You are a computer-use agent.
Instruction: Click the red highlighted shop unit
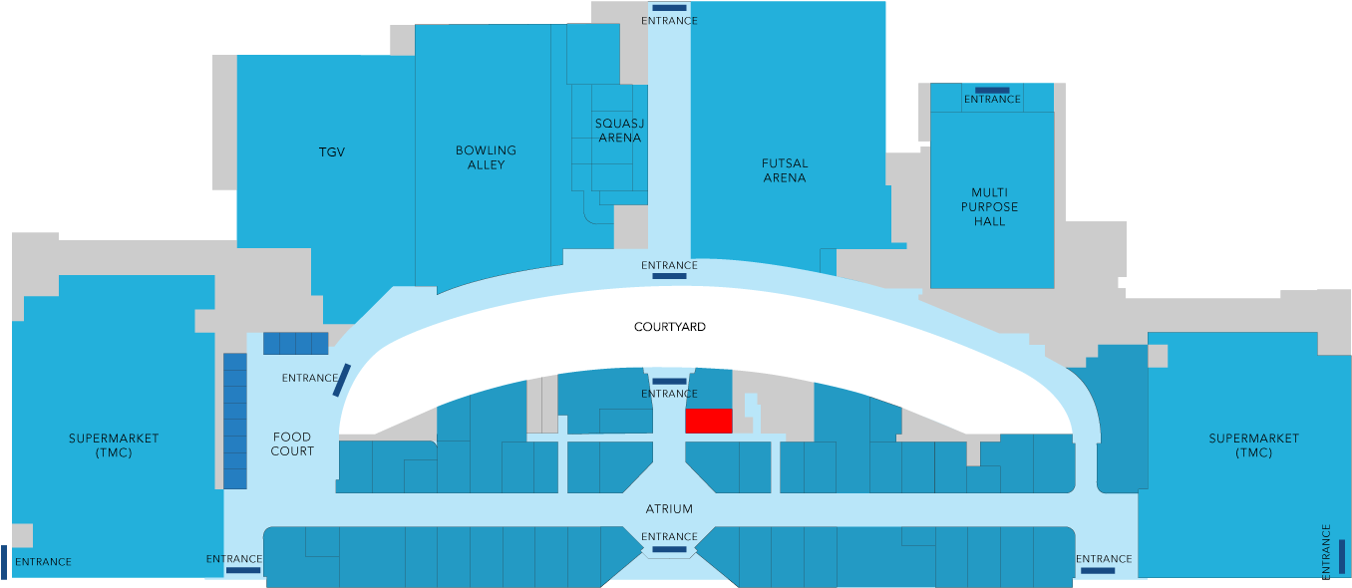click(x=709, y=421)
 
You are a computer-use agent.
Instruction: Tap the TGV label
click(x=332, y=151)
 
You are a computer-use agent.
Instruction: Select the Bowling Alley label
click(x=486, y=157)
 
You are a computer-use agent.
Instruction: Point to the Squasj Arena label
click(x=619, y=131)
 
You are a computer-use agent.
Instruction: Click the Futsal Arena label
click(x=785, y=170)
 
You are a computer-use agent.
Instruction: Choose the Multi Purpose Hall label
click(x=989, y=206)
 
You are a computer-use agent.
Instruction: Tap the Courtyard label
click(x=670, y=327)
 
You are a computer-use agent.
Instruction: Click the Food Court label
click(x=292, y=443)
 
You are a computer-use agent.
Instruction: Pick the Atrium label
click(x=669, y=509)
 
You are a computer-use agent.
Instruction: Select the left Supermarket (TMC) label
click(x=114, y=445)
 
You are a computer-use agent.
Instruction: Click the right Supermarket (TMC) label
click(x=1253, y=445)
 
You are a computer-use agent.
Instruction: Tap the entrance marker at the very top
click(x=669, y=9)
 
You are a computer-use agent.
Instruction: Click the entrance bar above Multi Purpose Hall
click(x=992, y=90)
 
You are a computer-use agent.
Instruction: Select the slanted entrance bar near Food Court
click(x=342, y=380)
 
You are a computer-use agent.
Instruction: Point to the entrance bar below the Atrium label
click(x=669, y=549)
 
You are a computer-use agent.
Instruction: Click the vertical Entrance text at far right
click(x=1326, y=551)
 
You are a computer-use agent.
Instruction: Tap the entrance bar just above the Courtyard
click(x=669, y=276)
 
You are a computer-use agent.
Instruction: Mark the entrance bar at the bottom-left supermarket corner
click(x=4, y=562)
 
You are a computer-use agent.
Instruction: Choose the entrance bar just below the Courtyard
click(x=669, y=382)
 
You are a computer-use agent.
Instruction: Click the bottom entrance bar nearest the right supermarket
click(x=1098, y=571)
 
